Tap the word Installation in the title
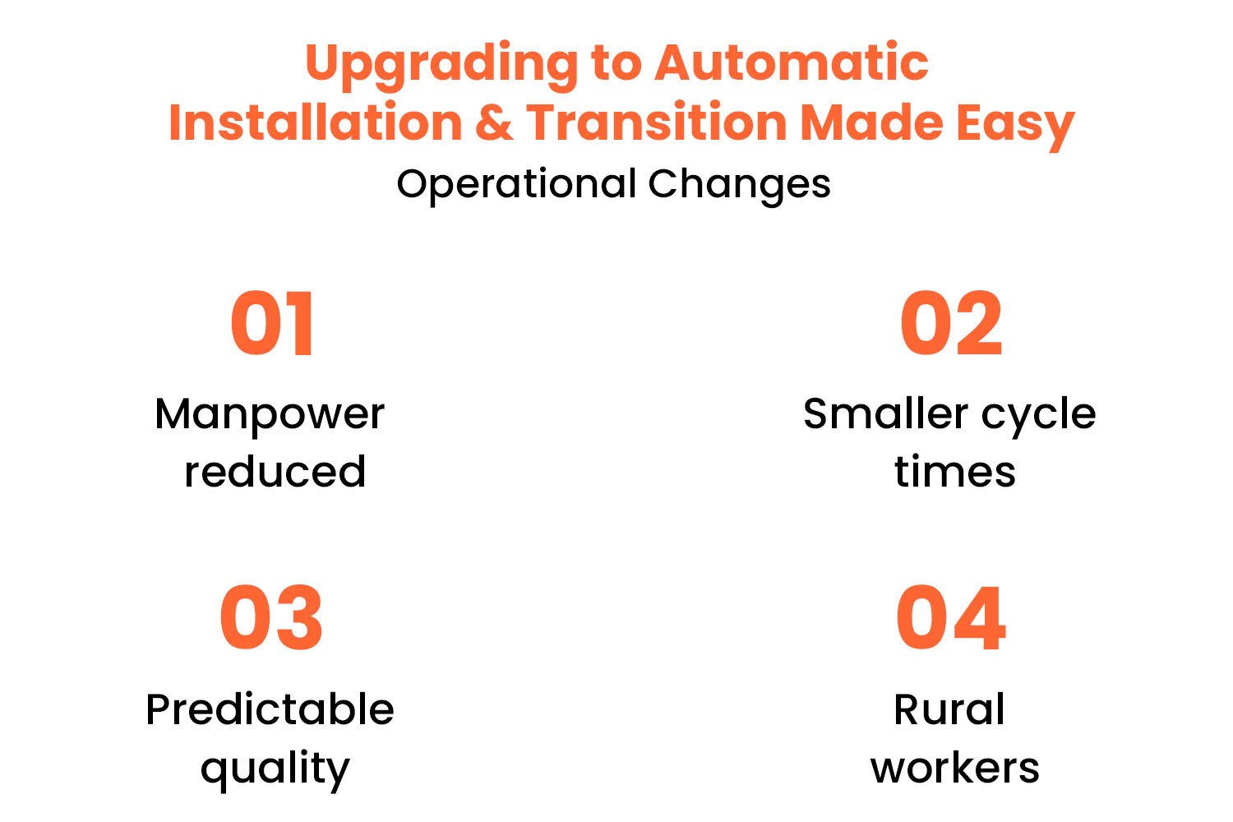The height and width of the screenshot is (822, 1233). [316, 123]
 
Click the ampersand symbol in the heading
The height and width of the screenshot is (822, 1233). [494, 123]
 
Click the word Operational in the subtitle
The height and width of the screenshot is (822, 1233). [516, 185]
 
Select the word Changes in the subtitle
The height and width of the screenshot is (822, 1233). [739, 185]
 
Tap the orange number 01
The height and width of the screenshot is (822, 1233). [272, 324]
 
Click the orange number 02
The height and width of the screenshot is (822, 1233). [951, 324]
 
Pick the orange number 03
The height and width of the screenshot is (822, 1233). [271, 618]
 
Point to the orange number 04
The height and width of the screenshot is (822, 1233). [951, 618]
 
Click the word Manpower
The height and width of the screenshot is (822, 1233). [270, 414]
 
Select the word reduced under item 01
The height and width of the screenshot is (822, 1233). [275, 472]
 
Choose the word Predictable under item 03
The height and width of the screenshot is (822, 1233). [270, 709]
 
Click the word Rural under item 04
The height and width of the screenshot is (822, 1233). [949, 709]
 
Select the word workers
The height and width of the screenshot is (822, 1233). [954, 768]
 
